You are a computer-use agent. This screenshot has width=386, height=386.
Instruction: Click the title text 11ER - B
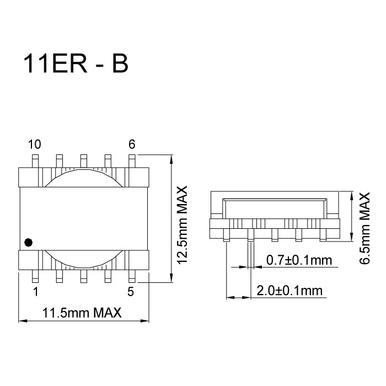tap(76, 64)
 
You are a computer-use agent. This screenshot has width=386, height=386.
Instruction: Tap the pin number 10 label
tap(34, 145)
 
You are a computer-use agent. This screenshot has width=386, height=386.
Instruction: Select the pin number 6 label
tap(131, 144)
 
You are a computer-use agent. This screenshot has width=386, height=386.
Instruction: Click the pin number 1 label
tap(36, 292)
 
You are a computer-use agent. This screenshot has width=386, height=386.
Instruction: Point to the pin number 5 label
tap(131, 292)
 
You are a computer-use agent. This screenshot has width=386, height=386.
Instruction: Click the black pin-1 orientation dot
tap(29, 242)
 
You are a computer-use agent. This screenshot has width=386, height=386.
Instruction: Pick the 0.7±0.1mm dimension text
tap(298, 260)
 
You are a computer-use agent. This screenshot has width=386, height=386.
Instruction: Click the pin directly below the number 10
tap(35, 160)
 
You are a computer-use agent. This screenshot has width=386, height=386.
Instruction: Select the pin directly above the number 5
tap(132, 276)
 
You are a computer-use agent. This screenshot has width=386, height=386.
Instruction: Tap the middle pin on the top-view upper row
tap(83, 160)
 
